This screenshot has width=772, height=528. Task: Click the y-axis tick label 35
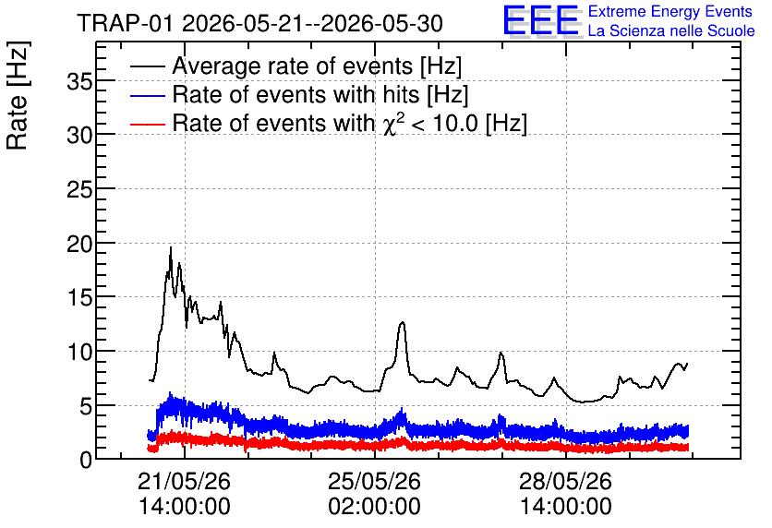[79, 81]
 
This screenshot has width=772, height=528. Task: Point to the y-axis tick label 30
[79, 136]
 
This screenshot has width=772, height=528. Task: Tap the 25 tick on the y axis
[79, 189]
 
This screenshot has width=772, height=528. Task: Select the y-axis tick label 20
[79, 244]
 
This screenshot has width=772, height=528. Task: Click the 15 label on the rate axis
[79, 298]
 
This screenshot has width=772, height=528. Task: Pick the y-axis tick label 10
[79, 353]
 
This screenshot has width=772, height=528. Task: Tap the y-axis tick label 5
[86, 406]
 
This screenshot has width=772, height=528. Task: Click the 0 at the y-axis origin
[86, 461]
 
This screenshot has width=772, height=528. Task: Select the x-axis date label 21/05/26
[184, 481]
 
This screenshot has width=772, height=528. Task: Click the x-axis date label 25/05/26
[375, 481]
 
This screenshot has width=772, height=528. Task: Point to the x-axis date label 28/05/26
[566, 481]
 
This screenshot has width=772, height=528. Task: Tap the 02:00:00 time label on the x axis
[375, 507]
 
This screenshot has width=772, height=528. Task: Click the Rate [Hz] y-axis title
[18, 95]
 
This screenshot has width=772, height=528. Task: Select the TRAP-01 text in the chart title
[126, 23]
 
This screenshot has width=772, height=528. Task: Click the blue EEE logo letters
[540, 20]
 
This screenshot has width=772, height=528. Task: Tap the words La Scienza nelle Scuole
[671, 31]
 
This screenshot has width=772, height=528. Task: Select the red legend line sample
[147, 125]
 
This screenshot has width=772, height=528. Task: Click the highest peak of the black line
[171, 247]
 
